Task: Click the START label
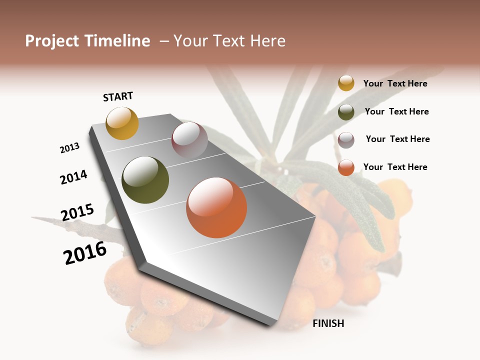pos(118,96)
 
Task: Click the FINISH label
pos(328,323)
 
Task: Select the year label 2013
pos(69,148)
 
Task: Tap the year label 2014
pos(74,177)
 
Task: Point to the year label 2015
pos(77,212)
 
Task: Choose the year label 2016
pos(85,253)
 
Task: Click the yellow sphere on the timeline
pos(122,123)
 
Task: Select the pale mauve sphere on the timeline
pos(189,140)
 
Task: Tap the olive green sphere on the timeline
pos(145,180)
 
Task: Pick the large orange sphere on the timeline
pos(216,207)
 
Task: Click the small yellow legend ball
pos(346,83)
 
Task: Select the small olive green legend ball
pos(346,112)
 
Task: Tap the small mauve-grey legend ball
pos(346,140)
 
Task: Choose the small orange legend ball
pos(346,167)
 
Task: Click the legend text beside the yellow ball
pos(395,83)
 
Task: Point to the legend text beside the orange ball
pos(395,167)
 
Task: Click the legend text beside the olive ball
pos(396,111)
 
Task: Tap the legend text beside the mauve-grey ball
pos(397,139)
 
